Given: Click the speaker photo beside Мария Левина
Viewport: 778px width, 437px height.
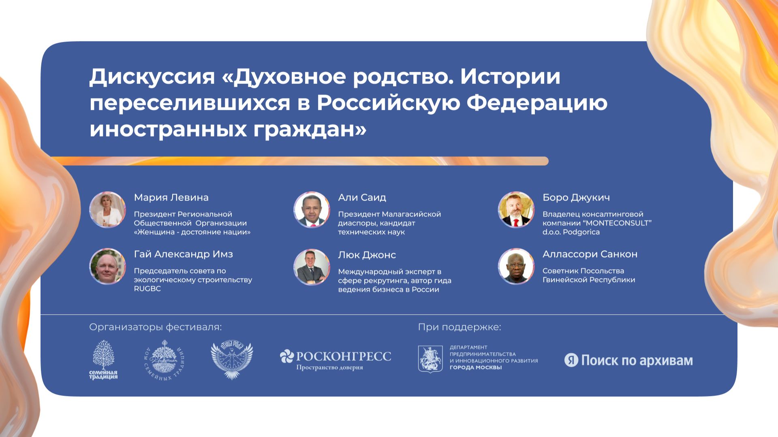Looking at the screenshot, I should click(x=107, y=210).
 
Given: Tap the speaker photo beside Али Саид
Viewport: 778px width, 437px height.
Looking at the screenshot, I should click(x=312, y=210).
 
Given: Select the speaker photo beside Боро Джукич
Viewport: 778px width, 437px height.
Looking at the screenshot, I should click(x=516, y=210).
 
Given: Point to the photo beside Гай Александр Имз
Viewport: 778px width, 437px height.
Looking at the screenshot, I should click(x=107, y=266).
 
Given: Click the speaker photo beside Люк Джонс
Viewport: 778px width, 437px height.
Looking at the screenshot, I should click(x=312, y=267).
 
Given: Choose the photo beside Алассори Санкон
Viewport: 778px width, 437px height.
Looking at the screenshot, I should click(x=516, y=266).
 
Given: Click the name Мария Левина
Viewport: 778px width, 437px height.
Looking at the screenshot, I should click(x=171, y=198).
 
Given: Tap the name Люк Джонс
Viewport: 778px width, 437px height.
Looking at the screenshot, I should click(x=367, y=255).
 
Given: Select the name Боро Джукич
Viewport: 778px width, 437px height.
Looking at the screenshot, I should click(x=576, y=198).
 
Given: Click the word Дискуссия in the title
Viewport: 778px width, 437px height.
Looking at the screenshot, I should click(x=152, y=77).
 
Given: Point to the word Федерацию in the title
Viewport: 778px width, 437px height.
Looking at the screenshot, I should click(x=537, y=103).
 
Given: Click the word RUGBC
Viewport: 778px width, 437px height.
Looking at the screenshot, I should click(x=147, y=289).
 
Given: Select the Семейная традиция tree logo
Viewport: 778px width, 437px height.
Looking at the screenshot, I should click(x=104, y=360).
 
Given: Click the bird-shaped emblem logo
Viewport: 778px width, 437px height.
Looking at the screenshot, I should click(x=232, y=360).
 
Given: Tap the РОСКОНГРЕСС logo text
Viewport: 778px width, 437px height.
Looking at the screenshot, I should click(x=343, y=356).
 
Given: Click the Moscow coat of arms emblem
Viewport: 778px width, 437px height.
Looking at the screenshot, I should click(x=430, y=359).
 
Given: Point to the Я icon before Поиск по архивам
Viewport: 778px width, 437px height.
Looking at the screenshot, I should click(x=571, y=360).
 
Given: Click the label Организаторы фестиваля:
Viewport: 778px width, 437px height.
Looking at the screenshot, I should click(x=155, y=327).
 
